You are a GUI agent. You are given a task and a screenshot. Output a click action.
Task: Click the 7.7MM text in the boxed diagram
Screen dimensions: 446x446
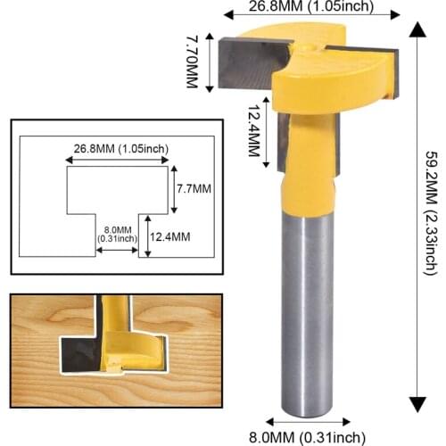point(194,189)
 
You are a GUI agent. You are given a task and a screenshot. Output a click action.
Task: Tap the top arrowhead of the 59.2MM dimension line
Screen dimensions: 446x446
point(416,27)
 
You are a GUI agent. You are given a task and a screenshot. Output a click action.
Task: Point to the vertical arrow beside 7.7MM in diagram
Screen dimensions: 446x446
point(175,189)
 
